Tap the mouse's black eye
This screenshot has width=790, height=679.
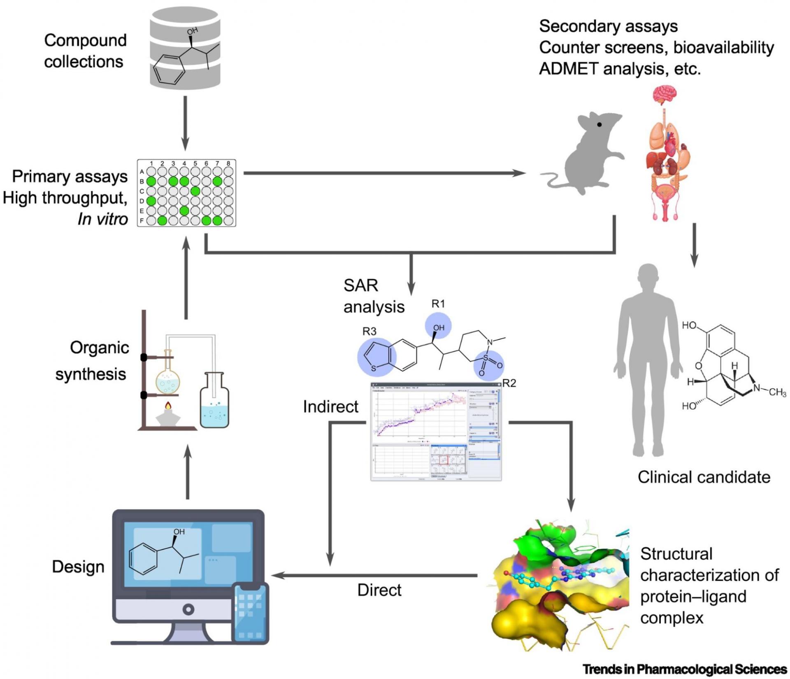(600, 124)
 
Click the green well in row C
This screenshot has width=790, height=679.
(195, 191)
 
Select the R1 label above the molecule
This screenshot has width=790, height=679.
(438, 304)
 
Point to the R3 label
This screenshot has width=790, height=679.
(369, 331)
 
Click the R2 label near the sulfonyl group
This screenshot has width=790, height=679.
(509, 383)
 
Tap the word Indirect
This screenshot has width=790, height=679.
(330, 407)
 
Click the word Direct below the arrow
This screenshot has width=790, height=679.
(379, 590)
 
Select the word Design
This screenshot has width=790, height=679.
(78, 567)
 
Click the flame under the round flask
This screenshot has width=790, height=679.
(168, 406)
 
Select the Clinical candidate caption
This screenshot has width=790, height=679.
(704, 477)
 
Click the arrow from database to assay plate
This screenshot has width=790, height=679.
(185, 123)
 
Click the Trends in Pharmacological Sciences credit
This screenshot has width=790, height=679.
(685, 669)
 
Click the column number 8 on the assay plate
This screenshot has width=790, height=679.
(228, 163)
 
